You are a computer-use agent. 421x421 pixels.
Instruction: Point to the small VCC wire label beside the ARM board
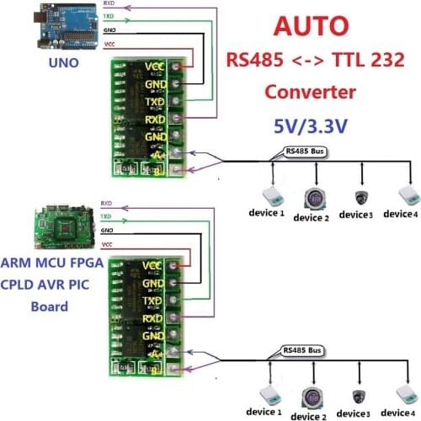click(108, 244)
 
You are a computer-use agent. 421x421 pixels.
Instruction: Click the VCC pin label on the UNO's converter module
click(154, 66)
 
